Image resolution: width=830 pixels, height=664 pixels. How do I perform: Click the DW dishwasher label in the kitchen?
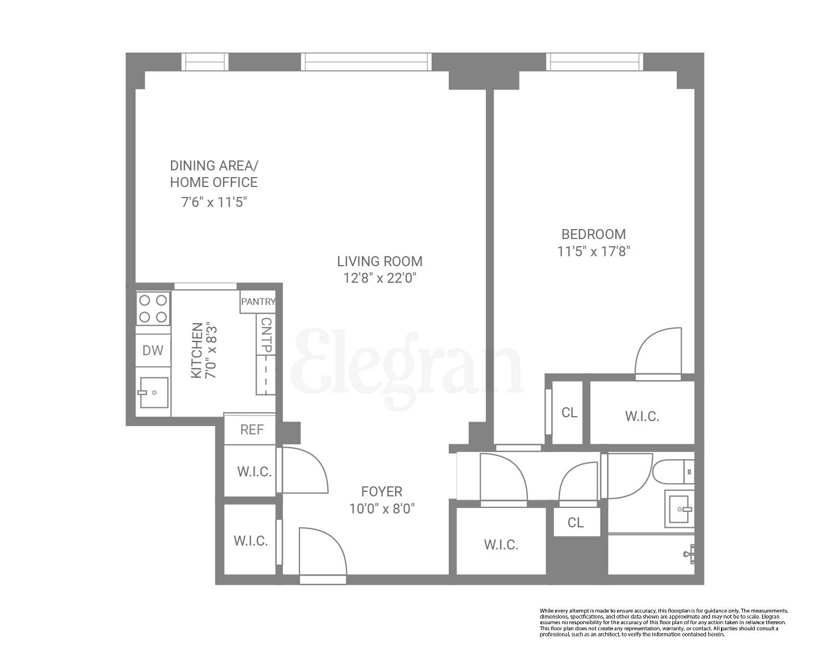click(x=153, y=350)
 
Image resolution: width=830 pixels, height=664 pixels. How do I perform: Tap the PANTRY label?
click(x=258, y=302)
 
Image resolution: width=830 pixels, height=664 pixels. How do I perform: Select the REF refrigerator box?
click(x=252, y=429)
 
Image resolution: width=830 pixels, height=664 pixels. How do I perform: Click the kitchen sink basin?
click(x=154, y=392)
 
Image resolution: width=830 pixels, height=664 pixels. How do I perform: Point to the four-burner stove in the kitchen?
click(x=153, y=308)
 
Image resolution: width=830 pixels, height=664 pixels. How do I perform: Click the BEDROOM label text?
click(x=594, y=234)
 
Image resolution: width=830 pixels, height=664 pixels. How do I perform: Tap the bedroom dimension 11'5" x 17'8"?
click(x=594, y=252)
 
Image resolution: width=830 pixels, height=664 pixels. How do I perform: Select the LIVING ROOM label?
click(x=380, y=261)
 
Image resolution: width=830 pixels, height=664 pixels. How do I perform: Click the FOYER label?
click(x=382, y=491)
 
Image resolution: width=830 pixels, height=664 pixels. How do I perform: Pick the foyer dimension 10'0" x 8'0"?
click(x=382, y=509)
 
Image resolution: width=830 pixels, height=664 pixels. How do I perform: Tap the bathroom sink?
click(x=679, y=508)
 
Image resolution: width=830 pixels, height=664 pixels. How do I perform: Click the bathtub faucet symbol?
click(x=691, y=553)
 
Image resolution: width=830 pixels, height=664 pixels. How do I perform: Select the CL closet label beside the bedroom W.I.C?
click(x=569, y=412)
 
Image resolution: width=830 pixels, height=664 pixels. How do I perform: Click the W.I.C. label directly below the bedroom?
click(x=642, y=416)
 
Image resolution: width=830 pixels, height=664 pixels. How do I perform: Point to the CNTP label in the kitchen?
click(x=266, y=335)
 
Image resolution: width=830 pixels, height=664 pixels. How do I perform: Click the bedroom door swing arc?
click(x=658, y=352)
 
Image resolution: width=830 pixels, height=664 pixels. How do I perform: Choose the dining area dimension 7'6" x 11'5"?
click(x=214, y=202)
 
